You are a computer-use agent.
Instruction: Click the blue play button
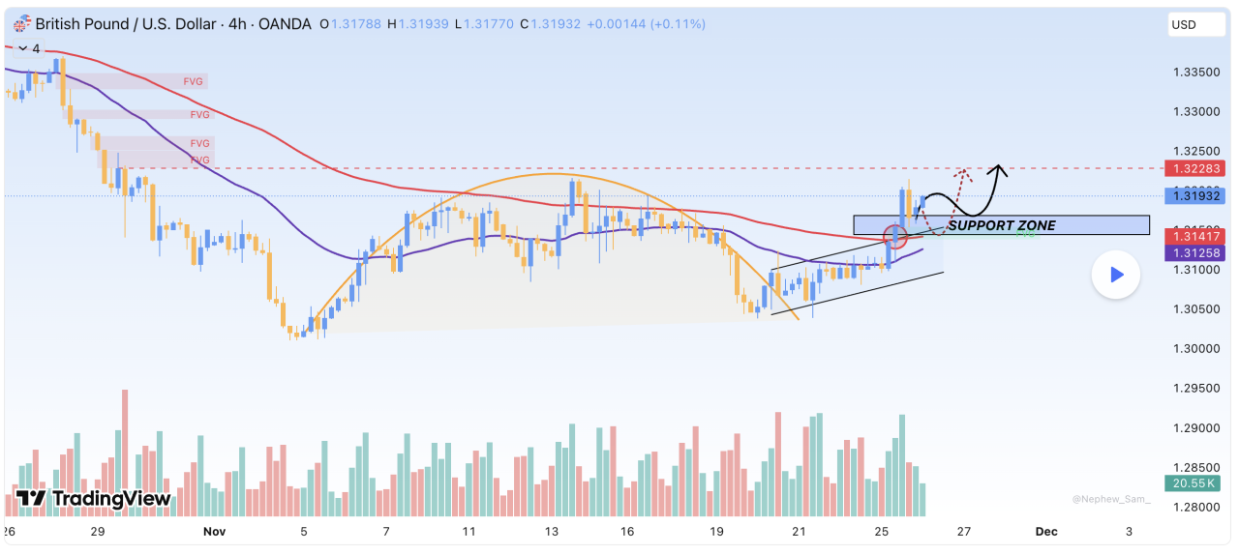tap(1116, 275)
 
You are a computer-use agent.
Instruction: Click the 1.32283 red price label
tap(1195, 168)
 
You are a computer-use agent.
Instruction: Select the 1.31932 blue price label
tap(1195, 196)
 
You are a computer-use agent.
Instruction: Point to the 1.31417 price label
tap(1195, 235)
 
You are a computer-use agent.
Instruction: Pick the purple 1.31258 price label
tap(1195, 252)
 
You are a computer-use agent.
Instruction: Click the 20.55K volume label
tap(1195, 482)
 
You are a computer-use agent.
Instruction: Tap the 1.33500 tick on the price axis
tap(1195, 73)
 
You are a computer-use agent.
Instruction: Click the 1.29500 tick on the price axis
tap(1195, 388)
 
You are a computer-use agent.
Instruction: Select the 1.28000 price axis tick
tap(1195, 507)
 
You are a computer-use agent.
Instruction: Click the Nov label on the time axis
tap(213, 531)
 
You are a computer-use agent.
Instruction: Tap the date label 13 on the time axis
tap(552, 531)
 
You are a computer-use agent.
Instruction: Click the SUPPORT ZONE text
tap(1001, 225)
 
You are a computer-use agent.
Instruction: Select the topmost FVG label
tap(194, 82)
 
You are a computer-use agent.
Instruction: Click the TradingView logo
tap(94, 499)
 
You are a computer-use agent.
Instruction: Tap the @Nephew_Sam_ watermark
tap(1111, 499)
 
